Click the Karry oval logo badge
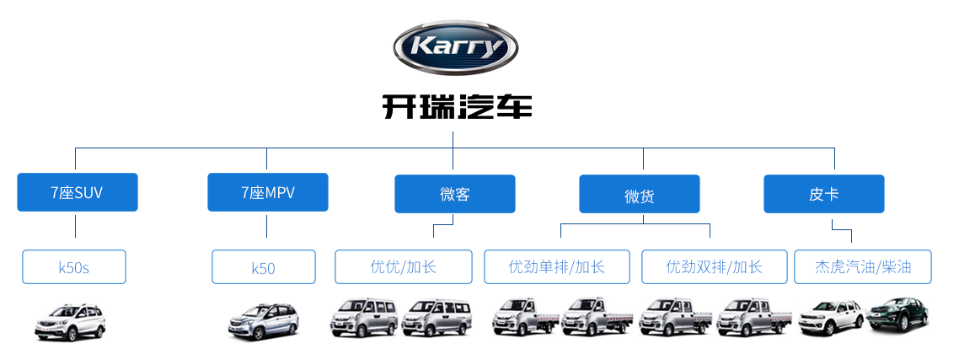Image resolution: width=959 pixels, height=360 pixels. click(x=456, y=47)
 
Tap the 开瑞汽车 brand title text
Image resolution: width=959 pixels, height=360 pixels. click(x=457, y=106)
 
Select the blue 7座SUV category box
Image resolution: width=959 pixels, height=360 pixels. click(x=77, y=192)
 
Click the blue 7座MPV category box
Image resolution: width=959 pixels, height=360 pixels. click(x=268, y=192)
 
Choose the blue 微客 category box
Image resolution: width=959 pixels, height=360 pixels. click(x=455, y=194)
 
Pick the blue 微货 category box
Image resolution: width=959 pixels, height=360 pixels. click(x=640, y=194)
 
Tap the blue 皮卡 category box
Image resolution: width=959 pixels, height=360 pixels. click(x=824, y=194)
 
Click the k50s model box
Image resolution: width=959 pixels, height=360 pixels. click(x=74, y=267)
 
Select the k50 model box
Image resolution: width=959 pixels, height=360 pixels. click(x=264, y=267)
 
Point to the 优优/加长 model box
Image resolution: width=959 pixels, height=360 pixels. click(x=404, y=267)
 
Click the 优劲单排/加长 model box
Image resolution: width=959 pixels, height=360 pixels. click(x=556, y=267)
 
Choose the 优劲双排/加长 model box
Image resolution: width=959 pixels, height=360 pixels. click(x=715, y=267)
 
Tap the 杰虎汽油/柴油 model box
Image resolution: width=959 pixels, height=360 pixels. click(x=863, y=267)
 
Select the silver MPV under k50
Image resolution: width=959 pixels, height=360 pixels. click(x=264, y=321)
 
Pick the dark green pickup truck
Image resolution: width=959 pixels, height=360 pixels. click(x=897, y=314)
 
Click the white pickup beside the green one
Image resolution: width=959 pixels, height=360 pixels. click(x=832, y=317)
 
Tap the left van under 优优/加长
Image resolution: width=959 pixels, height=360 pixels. click(x=365, y=317)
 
